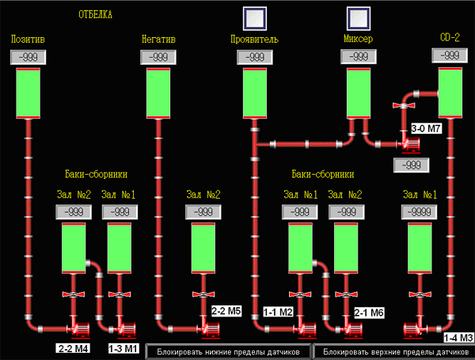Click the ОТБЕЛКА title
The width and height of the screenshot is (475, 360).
coord(96,14)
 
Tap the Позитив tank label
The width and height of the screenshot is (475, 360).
coord(28,39)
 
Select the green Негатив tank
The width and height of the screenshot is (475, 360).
coord(158,93)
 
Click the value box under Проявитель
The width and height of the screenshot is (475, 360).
coord(255,57)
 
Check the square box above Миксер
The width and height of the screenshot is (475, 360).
coord(359,18)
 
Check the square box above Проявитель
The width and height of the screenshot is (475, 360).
coord(255,18)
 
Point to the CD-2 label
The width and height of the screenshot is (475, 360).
coord(450,37)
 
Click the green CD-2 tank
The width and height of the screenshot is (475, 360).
coord(450,93)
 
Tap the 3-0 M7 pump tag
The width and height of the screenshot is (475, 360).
coord(426,129)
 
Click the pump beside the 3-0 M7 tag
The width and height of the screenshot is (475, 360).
coord(409,145)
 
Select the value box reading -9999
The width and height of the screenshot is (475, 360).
coord(420,212)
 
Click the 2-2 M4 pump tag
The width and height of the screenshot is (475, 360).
coord(73,348)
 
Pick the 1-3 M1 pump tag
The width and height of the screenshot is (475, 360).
coord(123,348)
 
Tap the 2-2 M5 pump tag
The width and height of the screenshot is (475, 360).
coord(226,311)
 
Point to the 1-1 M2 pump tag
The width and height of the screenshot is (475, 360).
coord(278,312)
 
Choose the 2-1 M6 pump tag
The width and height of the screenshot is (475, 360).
coord(369,313)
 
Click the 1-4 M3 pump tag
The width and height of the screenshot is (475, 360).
coord(458,338)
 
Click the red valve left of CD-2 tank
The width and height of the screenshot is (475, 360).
coord(404,105)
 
